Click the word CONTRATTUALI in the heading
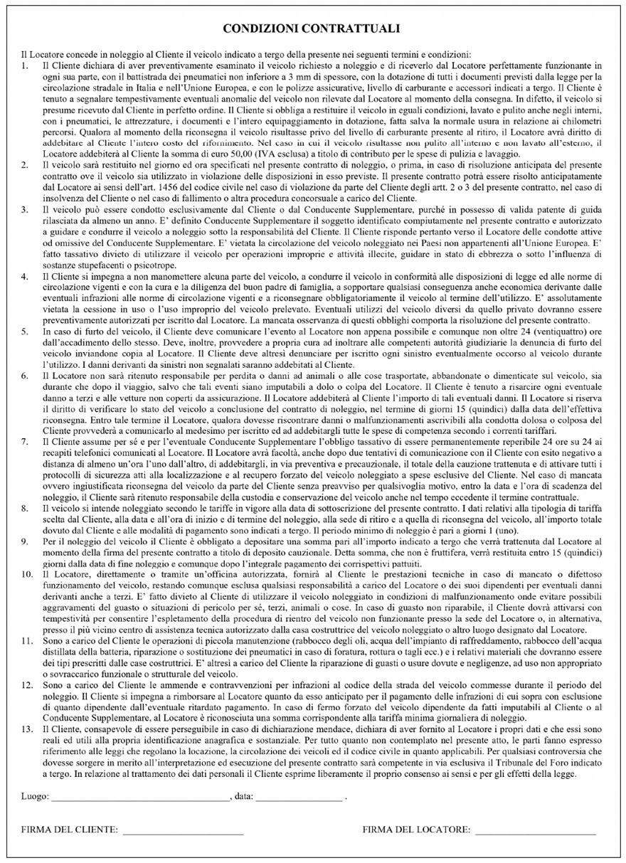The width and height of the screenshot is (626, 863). [352, 29]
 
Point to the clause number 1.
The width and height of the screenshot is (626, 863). [25, 66]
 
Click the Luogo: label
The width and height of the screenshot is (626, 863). [35, 798]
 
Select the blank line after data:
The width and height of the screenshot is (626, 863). [299, 800]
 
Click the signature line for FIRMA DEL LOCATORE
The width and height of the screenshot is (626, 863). [535, 832]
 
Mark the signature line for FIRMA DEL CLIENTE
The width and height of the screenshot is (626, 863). [183, 832]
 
